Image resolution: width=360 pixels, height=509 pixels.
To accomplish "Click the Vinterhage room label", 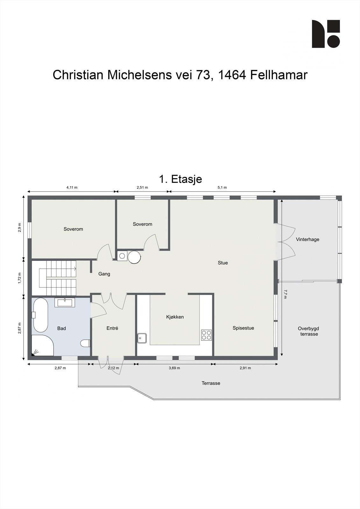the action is (307, 240).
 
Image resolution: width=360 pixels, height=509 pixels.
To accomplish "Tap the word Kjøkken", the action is (175, 317).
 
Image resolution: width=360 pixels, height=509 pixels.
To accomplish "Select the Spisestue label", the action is (243, 328).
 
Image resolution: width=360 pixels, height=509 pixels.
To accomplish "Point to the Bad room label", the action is (61, 328).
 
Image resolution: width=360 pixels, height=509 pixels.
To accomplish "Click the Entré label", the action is (112, 328).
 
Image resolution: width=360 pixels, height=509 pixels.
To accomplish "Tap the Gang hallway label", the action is (104, 274).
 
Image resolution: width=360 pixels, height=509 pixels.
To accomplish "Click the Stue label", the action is (222, 263).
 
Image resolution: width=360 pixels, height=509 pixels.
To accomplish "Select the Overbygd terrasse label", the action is (309, 331).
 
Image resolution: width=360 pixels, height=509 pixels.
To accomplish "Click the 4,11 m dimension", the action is (72, 187).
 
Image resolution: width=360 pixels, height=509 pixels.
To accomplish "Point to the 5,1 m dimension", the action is (222, 187).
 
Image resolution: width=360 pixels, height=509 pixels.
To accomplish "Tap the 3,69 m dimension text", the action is (174, 368).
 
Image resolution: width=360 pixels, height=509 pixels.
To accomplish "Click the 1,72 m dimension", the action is (19, 278).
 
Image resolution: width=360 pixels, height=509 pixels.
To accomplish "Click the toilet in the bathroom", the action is (85, 343).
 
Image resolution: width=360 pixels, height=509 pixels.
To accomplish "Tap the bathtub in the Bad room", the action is (40, 315).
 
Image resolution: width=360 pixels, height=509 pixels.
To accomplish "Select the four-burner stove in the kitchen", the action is (206, 335).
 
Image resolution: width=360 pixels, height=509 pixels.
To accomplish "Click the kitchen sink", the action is (142, 338).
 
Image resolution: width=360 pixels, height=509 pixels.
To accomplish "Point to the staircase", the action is (58, 278).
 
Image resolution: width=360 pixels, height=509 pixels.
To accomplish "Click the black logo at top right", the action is (326, 34).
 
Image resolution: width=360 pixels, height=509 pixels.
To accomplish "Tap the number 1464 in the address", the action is (232, 75).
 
